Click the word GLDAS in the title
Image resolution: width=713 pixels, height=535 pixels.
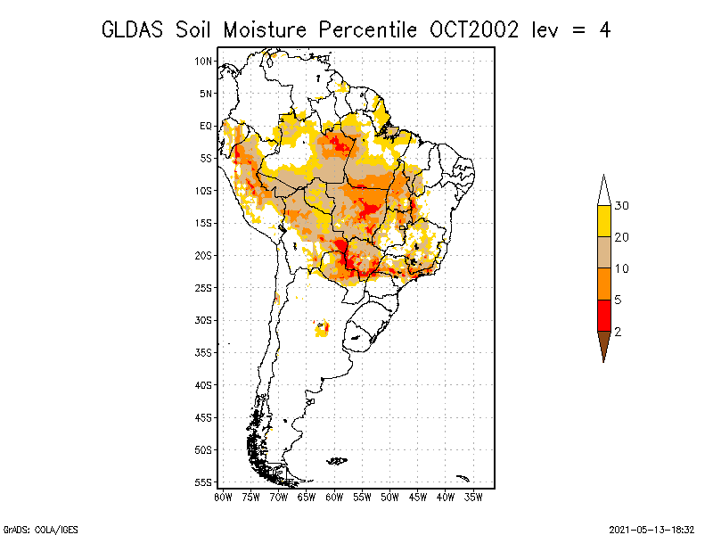(132, 30)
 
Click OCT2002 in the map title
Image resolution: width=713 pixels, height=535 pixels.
(474, 30)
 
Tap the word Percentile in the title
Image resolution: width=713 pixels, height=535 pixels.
(367, 30)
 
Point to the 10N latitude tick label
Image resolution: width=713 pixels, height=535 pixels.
(203, 61)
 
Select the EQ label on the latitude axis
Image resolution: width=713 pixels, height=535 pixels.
(206, 126)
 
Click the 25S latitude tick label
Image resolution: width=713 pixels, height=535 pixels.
(203, 288)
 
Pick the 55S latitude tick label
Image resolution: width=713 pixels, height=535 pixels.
(203, 482)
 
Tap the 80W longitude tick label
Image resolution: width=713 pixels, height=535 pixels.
(223, 498)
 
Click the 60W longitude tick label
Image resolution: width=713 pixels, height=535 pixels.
(334, 498)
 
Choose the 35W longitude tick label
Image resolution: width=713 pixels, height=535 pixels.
(473, 498)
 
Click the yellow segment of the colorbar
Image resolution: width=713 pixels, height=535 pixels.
(604, 221)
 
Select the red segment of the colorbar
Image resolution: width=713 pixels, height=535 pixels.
(604, 316)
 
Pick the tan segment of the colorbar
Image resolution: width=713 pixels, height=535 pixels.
(604, 252)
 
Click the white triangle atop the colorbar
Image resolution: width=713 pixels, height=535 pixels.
(604, 192)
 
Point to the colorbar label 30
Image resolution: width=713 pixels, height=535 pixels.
(621, 206)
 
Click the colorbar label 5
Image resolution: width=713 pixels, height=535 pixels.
(618, 300)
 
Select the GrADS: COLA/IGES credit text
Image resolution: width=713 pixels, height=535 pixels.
(40, 530)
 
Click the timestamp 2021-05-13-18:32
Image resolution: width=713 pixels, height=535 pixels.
(652, 530)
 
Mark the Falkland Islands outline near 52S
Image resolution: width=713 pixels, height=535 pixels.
(337, 461)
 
